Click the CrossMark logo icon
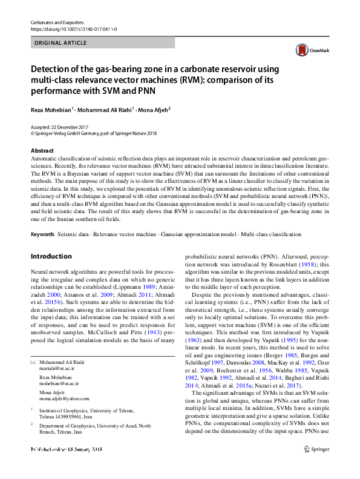[x=309, y=51]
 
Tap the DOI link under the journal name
[x=73, y=28]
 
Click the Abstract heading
[x=42, y=150]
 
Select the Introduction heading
[x=51, y=256]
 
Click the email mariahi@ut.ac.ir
[x=57, y=368]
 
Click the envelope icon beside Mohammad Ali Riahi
[x=33, y=362]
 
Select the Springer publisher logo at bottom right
[x=316, y=467]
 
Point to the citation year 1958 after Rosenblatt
[x=309, y=247]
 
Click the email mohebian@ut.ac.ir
[x=59, y=383]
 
